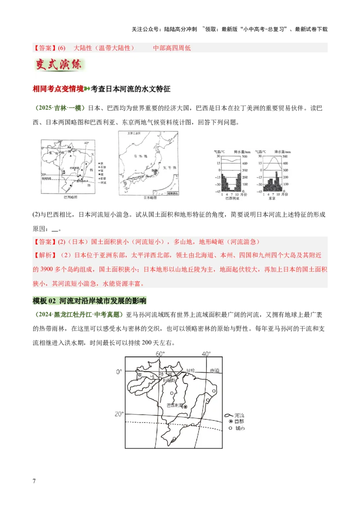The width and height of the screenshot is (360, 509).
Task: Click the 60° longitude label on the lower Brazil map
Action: [160, 354]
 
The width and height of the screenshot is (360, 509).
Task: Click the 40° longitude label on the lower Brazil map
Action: [206, 354]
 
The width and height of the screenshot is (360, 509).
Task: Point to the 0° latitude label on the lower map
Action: [119, 371]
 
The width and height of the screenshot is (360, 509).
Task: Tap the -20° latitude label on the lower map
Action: [118, 414]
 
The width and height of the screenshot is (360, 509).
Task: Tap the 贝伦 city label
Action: [191, 370]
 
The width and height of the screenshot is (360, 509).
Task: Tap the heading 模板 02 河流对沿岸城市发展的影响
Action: [90, 301]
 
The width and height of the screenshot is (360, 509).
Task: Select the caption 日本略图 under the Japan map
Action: [150, 198]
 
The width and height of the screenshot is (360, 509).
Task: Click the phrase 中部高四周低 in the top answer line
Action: [172, 48]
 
